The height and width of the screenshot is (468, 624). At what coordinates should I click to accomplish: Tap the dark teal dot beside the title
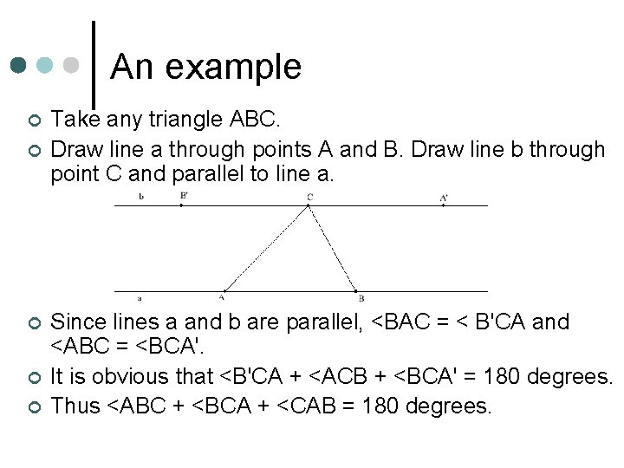click(20, 65)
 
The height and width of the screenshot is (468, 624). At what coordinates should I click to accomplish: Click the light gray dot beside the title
click(73, 65)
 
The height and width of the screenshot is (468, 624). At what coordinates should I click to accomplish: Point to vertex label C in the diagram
click(309, 197)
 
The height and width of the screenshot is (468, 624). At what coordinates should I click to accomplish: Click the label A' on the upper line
click(444, 198)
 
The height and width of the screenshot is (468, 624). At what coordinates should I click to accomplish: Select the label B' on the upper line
click(184, 196)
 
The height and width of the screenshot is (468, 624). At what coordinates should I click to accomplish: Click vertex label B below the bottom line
click(361, 297)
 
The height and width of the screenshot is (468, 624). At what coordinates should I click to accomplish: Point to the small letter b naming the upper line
click(141, 196)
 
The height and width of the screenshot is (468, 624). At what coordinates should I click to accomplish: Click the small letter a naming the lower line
click(140, 296)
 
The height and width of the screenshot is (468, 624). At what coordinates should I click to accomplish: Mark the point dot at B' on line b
click(180, 205)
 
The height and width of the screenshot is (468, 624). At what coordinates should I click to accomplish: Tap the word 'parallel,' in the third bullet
click(320, 322)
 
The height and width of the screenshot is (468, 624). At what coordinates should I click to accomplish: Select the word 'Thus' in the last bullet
click(75, 406)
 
